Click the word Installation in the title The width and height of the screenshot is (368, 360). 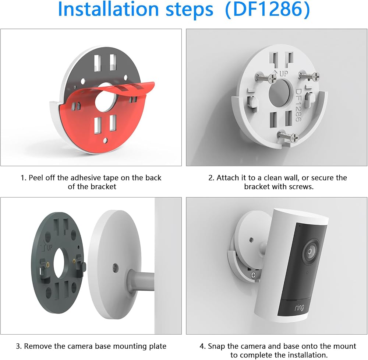click(109, 10)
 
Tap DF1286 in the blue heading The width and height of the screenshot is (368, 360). click(267, 10)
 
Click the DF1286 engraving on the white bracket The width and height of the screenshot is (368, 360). click(298, 105)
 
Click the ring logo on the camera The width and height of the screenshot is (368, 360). click(299, 308)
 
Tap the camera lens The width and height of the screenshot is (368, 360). click(310, 251)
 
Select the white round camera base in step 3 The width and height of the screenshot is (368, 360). click(114, 264)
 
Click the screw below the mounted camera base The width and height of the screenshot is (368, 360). click(254, 275)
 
